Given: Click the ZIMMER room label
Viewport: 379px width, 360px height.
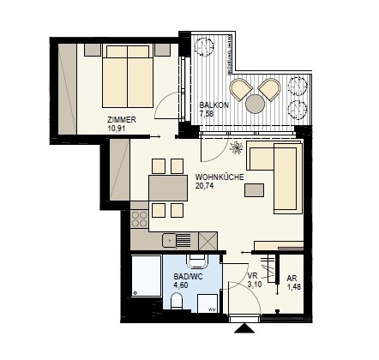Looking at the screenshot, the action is (122, 119).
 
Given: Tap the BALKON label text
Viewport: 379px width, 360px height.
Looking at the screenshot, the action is (214, 105).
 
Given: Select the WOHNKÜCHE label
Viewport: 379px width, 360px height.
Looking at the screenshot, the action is (220, 177).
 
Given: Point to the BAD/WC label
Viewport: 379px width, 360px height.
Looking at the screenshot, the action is (188, 277).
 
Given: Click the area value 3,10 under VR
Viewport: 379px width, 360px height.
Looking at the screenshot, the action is (255, 285).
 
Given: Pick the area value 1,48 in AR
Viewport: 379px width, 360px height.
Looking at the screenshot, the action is (294, 286).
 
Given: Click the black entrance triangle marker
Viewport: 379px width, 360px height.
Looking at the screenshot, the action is (244, 328).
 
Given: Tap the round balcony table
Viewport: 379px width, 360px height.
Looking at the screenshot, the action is (255, 104).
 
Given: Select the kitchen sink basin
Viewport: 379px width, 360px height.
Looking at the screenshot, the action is (169, 240).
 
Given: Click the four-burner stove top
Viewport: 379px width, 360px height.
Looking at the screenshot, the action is (140, 219).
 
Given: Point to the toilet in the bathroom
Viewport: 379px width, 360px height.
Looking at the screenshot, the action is (177, 302).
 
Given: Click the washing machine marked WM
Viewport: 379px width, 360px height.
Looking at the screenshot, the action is (208, 303).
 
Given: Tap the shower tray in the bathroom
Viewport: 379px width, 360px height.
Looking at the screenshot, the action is (147, 276).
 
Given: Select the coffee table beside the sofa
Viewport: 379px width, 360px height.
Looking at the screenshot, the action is (254, 190).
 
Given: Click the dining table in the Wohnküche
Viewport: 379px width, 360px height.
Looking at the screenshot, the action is (168, 189).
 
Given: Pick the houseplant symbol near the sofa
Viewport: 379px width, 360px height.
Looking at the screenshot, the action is (237, 147).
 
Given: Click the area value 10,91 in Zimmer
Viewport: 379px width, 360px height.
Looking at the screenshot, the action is (117, 129).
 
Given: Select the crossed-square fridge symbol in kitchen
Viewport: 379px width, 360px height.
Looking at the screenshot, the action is (208, 241).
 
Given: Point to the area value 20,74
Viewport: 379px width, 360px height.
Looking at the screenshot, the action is (204, 186).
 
